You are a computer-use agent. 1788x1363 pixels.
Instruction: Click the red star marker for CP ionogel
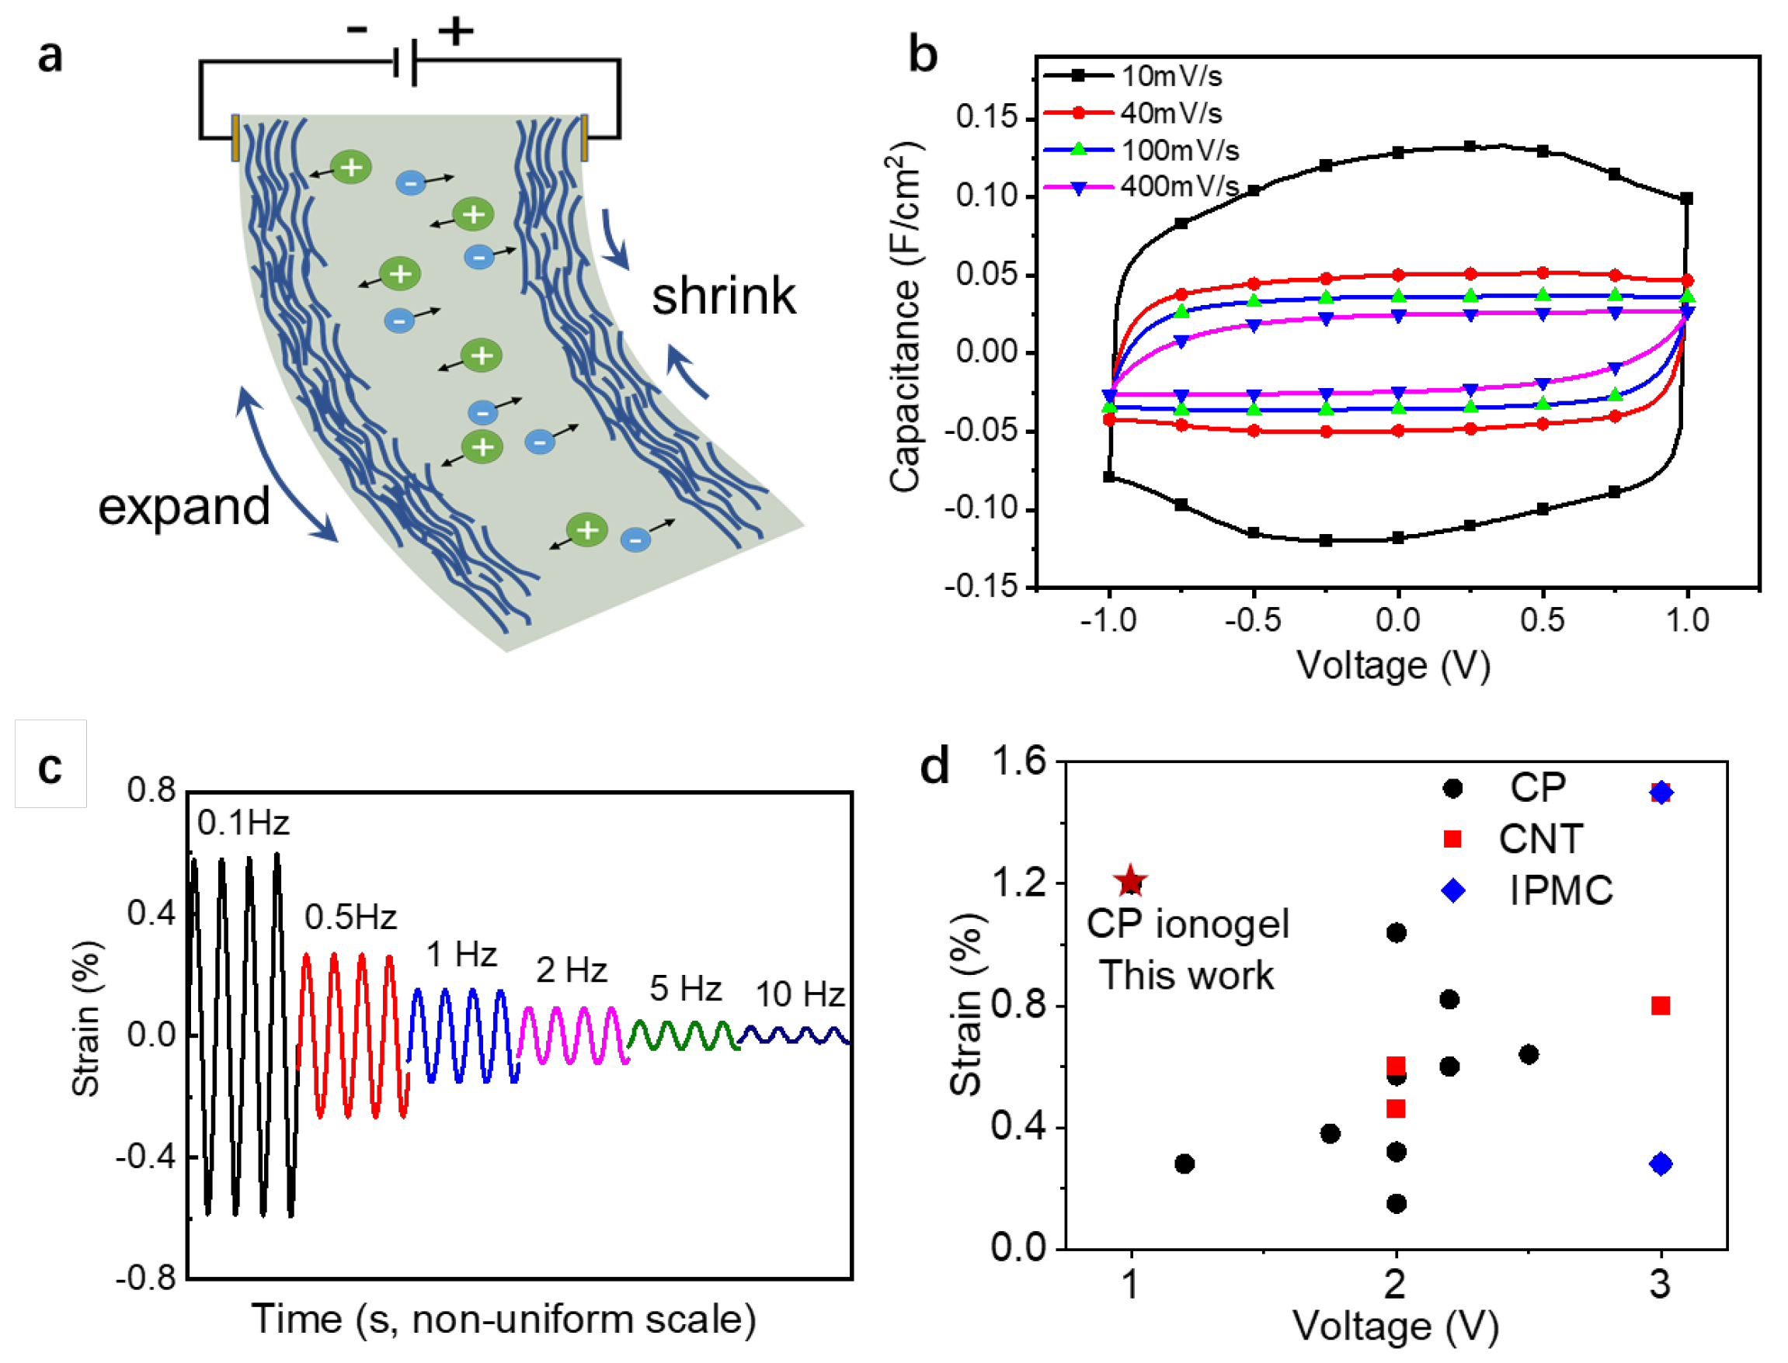click(1131, 881)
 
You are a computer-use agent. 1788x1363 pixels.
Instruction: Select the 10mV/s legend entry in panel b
click(1171, 76)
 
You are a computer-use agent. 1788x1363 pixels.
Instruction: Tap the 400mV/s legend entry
click(1178, 186)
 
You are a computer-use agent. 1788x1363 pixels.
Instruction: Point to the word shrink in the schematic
click(723, 297)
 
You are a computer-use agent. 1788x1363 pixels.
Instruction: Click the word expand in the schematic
click(184, 507)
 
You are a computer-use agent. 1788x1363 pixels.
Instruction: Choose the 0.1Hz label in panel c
click(243, 824)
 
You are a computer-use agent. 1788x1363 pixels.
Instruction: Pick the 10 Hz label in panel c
click(799, 994)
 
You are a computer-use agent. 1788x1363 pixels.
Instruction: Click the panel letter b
click(923, 55)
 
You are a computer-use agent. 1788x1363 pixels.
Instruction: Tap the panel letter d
click(934, 766)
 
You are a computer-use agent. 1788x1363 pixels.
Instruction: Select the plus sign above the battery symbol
click(455, 31)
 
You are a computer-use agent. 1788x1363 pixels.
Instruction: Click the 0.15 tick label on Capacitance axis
click(986, 118)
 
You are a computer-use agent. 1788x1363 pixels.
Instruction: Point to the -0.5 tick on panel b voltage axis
click(1253, 621)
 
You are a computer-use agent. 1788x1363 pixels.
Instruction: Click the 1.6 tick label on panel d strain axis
click(1019, 763)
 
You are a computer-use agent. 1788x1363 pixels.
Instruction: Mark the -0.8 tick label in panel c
click(146, 1278)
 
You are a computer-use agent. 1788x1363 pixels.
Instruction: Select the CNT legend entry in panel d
click(1539, 839)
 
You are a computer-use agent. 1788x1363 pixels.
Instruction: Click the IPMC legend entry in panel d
click(1560, 891)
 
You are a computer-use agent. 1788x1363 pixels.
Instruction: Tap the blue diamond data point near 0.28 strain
click(1661, 1164)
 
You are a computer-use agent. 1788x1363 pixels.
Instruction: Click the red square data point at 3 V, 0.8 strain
click(1661, 1006)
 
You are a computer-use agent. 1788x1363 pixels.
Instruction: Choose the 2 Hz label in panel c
click(572, 970)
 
